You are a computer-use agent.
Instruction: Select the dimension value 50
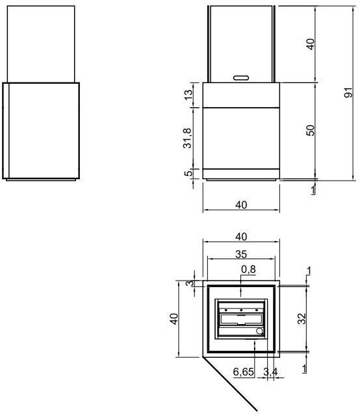(x=311, y=130)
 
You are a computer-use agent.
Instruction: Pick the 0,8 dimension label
(x=248, y=268)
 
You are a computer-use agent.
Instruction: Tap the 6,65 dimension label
(x=244, y=372)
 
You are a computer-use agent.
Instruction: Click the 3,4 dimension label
(x=270, y=372)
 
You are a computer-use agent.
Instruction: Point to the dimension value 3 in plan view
(x=189, y=284)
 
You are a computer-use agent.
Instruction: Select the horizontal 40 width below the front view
(x=240, y=205)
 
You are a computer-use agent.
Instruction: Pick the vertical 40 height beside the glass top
(x=311, y=44)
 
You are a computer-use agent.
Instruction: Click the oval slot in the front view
(x=240, y=77)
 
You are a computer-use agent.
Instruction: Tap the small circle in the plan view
(x=260, y=331)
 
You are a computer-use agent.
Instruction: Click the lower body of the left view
(x=40, y=130)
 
